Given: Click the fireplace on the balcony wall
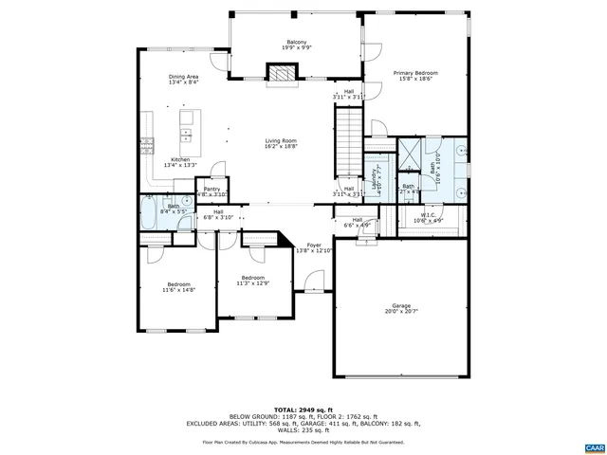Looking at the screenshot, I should [x=280, y=75].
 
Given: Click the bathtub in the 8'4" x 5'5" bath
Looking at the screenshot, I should [x=152, y=212].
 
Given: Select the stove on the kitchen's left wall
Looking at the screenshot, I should [x=147, y=144].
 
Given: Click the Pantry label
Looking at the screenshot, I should [x=212, y=189].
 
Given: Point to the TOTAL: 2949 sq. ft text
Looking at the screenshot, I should [x=303, y=409].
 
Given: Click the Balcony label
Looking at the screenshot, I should [x=296, y=42].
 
